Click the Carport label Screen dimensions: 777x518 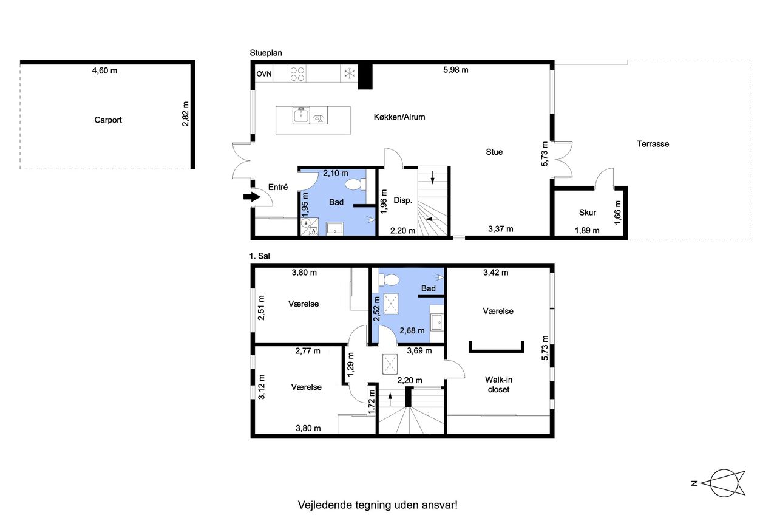pyautogui.click(x=108, y=120)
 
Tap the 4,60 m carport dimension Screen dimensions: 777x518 pyautogui.click(x=104, y=71)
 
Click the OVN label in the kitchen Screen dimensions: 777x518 pyautogui.click(x=264, y=74)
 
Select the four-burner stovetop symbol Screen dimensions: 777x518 pyautogui.click(x=297, y=74)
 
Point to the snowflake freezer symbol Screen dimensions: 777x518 pyautogui.click(x=349, y=73)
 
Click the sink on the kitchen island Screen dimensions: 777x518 pyautogui.click(x=301, y=115)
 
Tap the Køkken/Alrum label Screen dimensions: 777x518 pyautogui.click(x=399, y=117)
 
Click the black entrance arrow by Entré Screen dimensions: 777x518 pyautogui.click(x=252, y=197)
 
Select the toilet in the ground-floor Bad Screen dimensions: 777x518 pyautogui.click(x=355, y=184)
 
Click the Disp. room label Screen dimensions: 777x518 pyautogui.click(x=402, y=200)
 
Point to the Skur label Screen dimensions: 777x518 pyautogui.click(x=587, y=213)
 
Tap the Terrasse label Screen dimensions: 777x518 pyautogui.click(x=653, y=144)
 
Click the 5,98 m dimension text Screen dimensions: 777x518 pyautogui.click(x=455, y=70)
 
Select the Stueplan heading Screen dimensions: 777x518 pyautogui.click(x=266, y=53)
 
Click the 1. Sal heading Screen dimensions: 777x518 pyautogui.click(x=259, y=256)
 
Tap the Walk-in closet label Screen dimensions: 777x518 pyautogui.click(x=498, y=384)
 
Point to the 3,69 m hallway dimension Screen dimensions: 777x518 pyautogui.click(x=419, y=351)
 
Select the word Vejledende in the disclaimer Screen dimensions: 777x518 pyautogui.click(x=324, y=505)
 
